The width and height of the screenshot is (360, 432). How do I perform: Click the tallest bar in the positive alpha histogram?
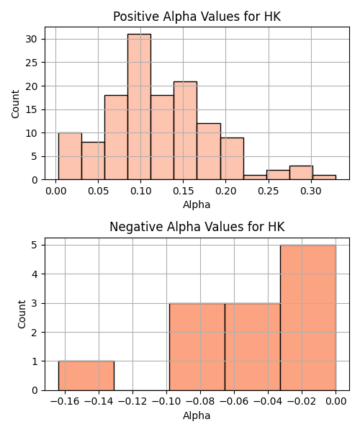[139, 107]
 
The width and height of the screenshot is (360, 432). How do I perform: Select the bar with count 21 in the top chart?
[185, 130]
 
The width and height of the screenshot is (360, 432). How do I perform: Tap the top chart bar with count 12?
[209, 151]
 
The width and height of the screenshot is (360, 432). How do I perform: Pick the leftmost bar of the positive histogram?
[70, 156]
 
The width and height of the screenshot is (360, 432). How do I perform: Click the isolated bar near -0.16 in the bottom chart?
[86, 376]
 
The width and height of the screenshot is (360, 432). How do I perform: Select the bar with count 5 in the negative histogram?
[308, 318]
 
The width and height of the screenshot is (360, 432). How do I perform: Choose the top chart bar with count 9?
[232, 158]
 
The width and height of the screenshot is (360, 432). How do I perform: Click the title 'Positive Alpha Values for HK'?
[197, 17]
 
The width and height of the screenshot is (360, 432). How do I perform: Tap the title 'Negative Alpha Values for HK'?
[197, 227]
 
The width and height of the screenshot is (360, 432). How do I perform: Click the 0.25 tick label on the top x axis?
[269, 191]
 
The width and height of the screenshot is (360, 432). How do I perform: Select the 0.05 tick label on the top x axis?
[99, 191]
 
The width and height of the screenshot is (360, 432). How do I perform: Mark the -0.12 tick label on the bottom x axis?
[132, 402]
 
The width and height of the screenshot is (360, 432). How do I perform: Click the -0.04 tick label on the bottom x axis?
[268, 402]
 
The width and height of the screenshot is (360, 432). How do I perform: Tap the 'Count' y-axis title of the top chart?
[15, 104]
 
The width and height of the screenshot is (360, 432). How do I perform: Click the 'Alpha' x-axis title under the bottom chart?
[197, 415]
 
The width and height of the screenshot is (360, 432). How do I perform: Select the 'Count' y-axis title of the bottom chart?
[22, 315]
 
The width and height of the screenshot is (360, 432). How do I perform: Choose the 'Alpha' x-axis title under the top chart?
[197, 204]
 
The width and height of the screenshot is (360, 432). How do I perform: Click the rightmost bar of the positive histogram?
[324, 177]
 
